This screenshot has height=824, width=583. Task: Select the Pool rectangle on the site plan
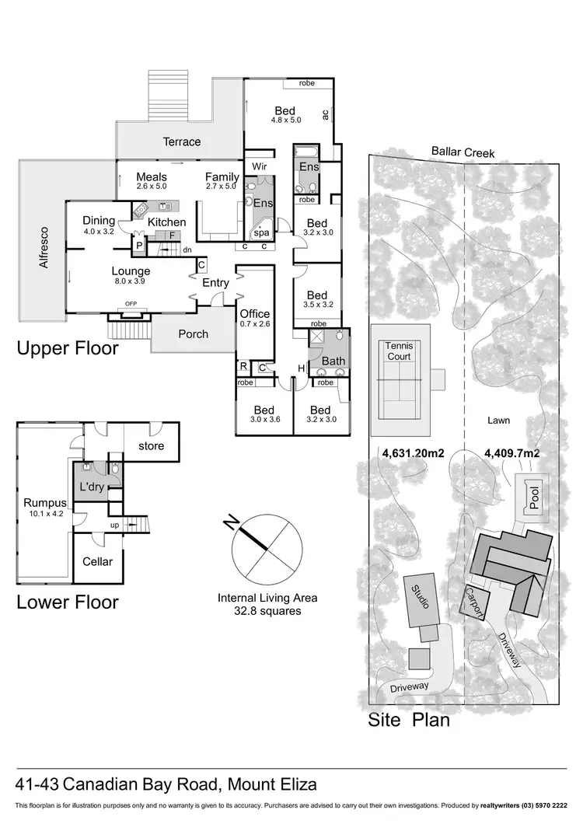[x=534, y=498]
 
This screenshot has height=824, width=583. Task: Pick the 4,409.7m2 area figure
[x=511, y=452]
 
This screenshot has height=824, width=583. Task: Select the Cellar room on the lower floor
[x=97, y=561]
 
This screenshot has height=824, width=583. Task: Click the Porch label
[x=194, y=334]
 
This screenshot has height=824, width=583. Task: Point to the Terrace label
[x=181, y=141]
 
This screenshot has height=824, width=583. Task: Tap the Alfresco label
[x=44, y=247]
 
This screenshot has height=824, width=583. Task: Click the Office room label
[x=255, y=314]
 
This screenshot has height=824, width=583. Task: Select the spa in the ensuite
[x=262, y=232]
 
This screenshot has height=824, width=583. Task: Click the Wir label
[x=257, y=166]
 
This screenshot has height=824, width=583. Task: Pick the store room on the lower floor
[x=151, y=446]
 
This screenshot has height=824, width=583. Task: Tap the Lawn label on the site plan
[x=498, y=421]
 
